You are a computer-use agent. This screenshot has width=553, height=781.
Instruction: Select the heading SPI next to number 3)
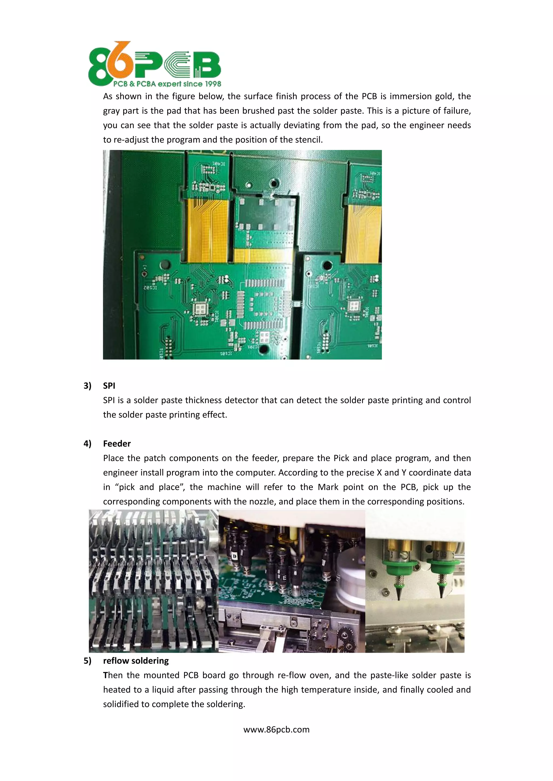coord(109,386)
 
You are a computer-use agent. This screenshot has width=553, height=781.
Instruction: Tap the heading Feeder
coord(117,444)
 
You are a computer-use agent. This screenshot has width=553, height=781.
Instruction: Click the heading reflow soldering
coord(136,660)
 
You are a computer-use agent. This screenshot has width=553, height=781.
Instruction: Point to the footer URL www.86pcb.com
coord(276,729)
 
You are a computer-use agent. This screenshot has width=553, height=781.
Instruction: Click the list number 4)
coord(87,444)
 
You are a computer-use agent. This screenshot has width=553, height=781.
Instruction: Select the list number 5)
coord(87,660)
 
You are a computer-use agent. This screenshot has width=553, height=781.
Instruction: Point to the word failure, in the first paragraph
coord(455,111)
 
